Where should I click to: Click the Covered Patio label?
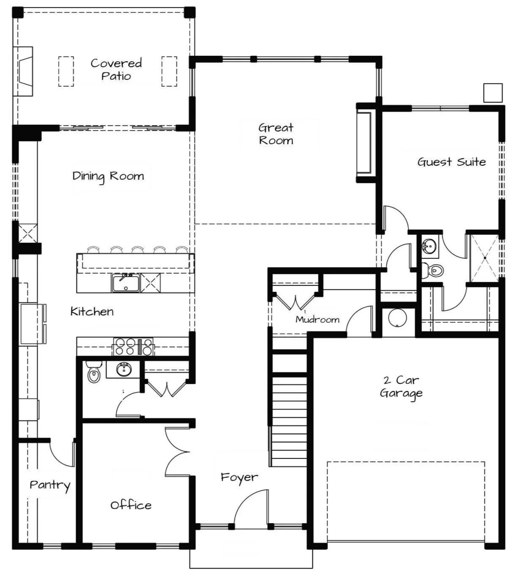pyautogui.click(x=116, y=70)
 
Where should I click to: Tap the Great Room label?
pyautogui.click(x=276, y=134)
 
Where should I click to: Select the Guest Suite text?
pyautogui.click(x=451, y=162)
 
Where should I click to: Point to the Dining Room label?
pyautogui.click(x=108, y=176)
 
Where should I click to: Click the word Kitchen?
pyautogui.click(x=92, y=312)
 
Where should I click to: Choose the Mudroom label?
pyautogui.click(x=317, y=319)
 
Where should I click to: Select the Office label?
pyautogui.click(x=131, y=505)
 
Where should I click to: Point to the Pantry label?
pyautogui.click(x=50, y=485)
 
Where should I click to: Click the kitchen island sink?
pyautogui.click(x=126, y=283)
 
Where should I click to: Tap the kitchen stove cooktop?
pyautogui.click(x=133, y=346)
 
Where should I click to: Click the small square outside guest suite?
pyautogui.click(x=493, y=93)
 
